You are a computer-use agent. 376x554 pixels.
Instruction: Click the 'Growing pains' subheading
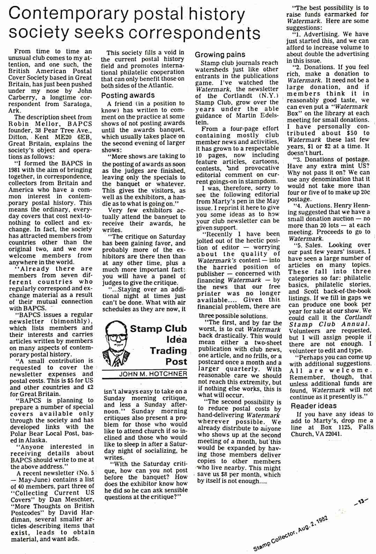tap(220, 54)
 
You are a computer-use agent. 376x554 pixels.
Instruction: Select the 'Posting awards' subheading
tap(128, 95)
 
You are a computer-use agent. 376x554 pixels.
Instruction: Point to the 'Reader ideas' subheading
tap(314, 406)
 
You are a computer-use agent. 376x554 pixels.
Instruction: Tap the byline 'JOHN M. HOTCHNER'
tap(153, 374)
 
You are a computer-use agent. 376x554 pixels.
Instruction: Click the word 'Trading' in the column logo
tap(168, 350)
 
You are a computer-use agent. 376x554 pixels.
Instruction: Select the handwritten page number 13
tap(360, 502)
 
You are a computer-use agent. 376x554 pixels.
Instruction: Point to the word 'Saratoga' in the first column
tap(76, 104)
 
